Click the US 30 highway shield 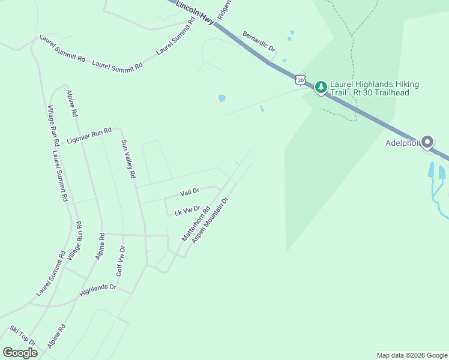(x=301, y=79)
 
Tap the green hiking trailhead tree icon (x=321, y=88)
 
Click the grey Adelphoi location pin (x=427, y=142)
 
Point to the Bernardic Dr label (x=258, y=41)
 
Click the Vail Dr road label (x=189, y=193)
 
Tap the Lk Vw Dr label (x=187, y=211)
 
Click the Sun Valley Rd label (x=128, y=159)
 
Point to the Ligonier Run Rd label (x=89, y=135)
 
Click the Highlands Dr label (x=97, y=291)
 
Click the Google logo (x=20, y=353)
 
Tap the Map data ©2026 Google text (x=412, y=355)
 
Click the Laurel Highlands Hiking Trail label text (x=375, y=88)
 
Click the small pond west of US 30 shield (x=221, y=98)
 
